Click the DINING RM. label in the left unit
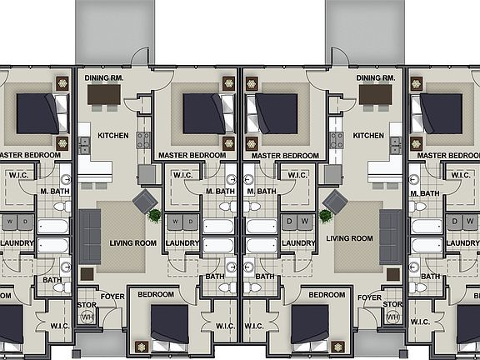[105, 77]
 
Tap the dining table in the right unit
[375, 95]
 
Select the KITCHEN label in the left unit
[113, 135]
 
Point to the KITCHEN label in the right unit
[368, 135]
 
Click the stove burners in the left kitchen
[142, 139]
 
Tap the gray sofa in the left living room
[89, 236]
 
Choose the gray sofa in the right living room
[390, 236]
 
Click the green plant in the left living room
[155, 215]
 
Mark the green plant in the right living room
[325, 215]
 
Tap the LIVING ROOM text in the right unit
[349, 237]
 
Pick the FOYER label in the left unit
[112, 295]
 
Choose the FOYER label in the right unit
[369, 296]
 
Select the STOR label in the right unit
[392, 304]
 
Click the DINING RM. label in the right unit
[375, 77]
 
